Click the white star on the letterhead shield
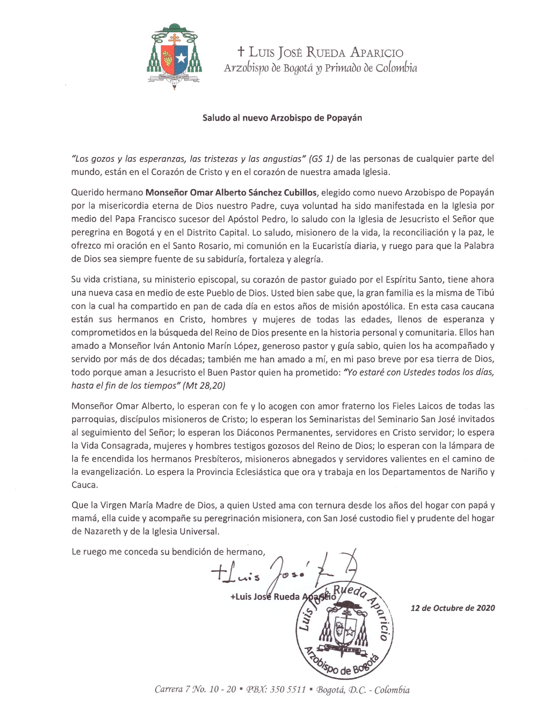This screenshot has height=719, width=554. [x=181, y=59]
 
